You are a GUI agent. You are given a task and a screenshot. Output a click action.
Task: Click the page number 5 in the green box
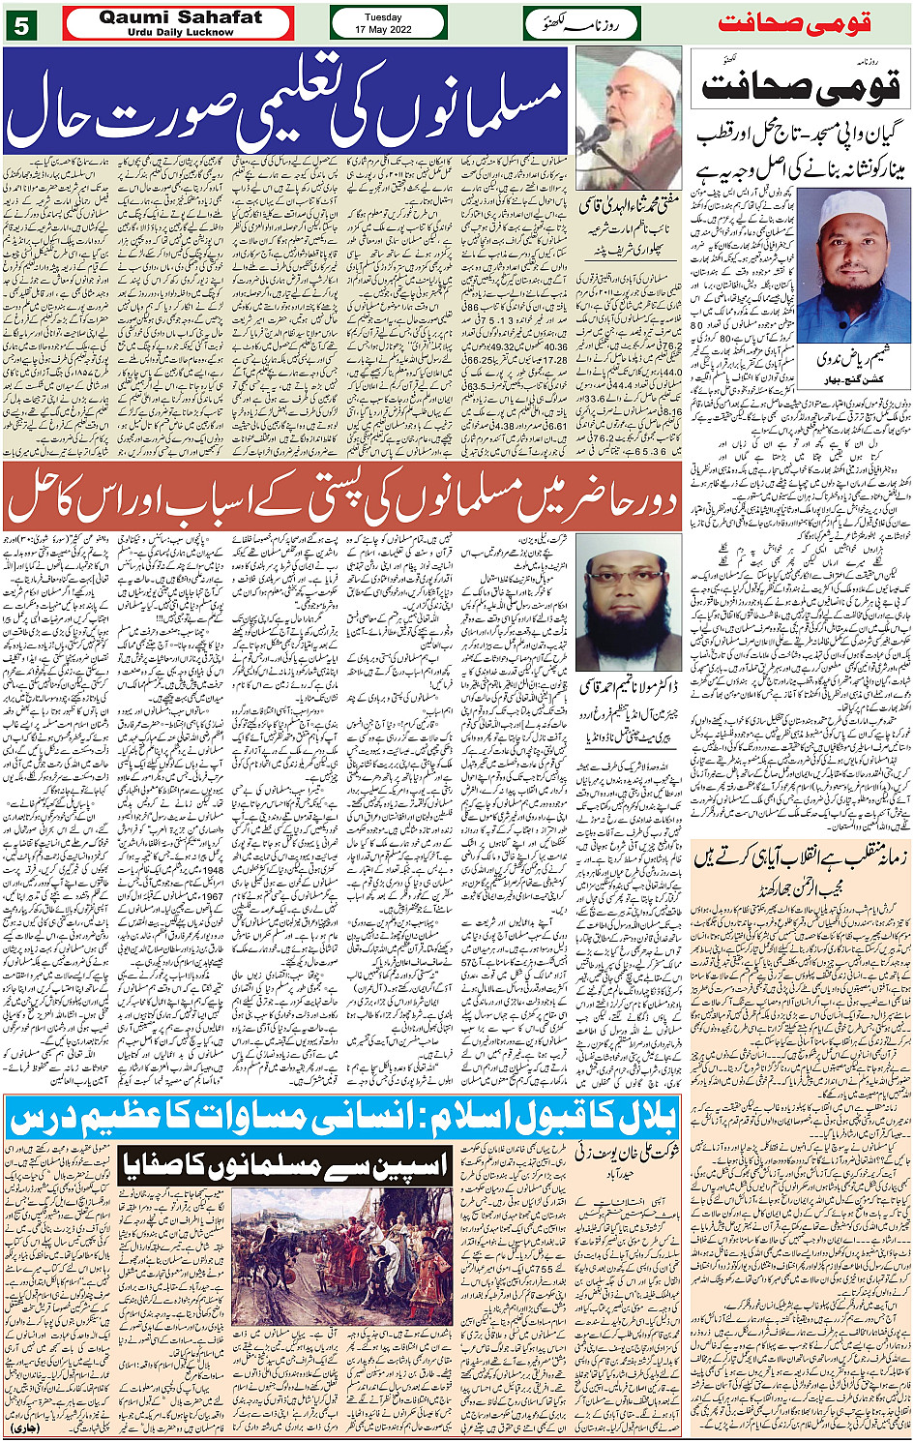point(19,24)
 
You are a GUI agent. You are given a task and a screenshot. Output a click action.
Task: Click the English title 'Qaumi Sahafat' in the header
point(180,17)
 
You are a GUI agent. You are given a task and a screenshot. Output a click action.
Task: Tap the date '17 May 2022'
point(388,29)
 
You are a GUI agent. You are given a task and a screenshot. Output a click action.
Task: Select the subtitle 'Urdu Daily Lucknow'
point(180,32)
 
